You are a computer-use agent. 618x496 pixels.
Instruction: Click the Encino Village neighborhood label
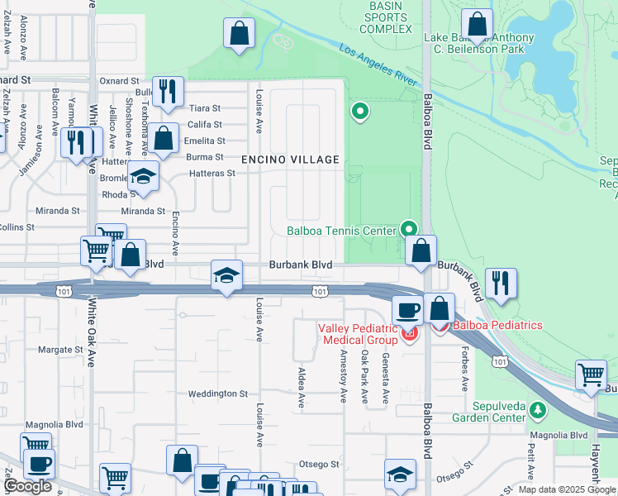(x=290, y=159)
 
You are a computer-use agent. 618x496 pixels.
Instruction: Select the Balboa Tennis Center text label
(x=342, y=231)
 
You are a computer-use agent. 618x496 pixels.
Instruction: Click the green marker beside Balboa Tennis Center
(x=408, y=228)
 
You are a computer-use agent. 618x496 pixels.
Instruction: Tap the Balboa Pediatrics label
(x=497, y=325)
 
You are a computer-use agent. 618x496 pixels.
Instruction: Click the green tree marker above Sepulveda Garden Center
(x=539, y=409)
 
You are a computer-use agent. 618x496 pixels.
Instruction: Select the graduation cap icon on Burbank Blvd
(x=226, y=274)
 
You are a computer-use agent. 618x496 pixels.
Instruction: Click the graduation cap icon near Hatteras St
(x=143, y=176)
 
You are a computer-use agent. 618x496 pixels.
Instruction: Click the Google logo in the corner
(x=27, y=486)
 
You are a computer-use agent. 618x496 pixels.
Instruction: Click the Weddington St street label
(x=218, y=394)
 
